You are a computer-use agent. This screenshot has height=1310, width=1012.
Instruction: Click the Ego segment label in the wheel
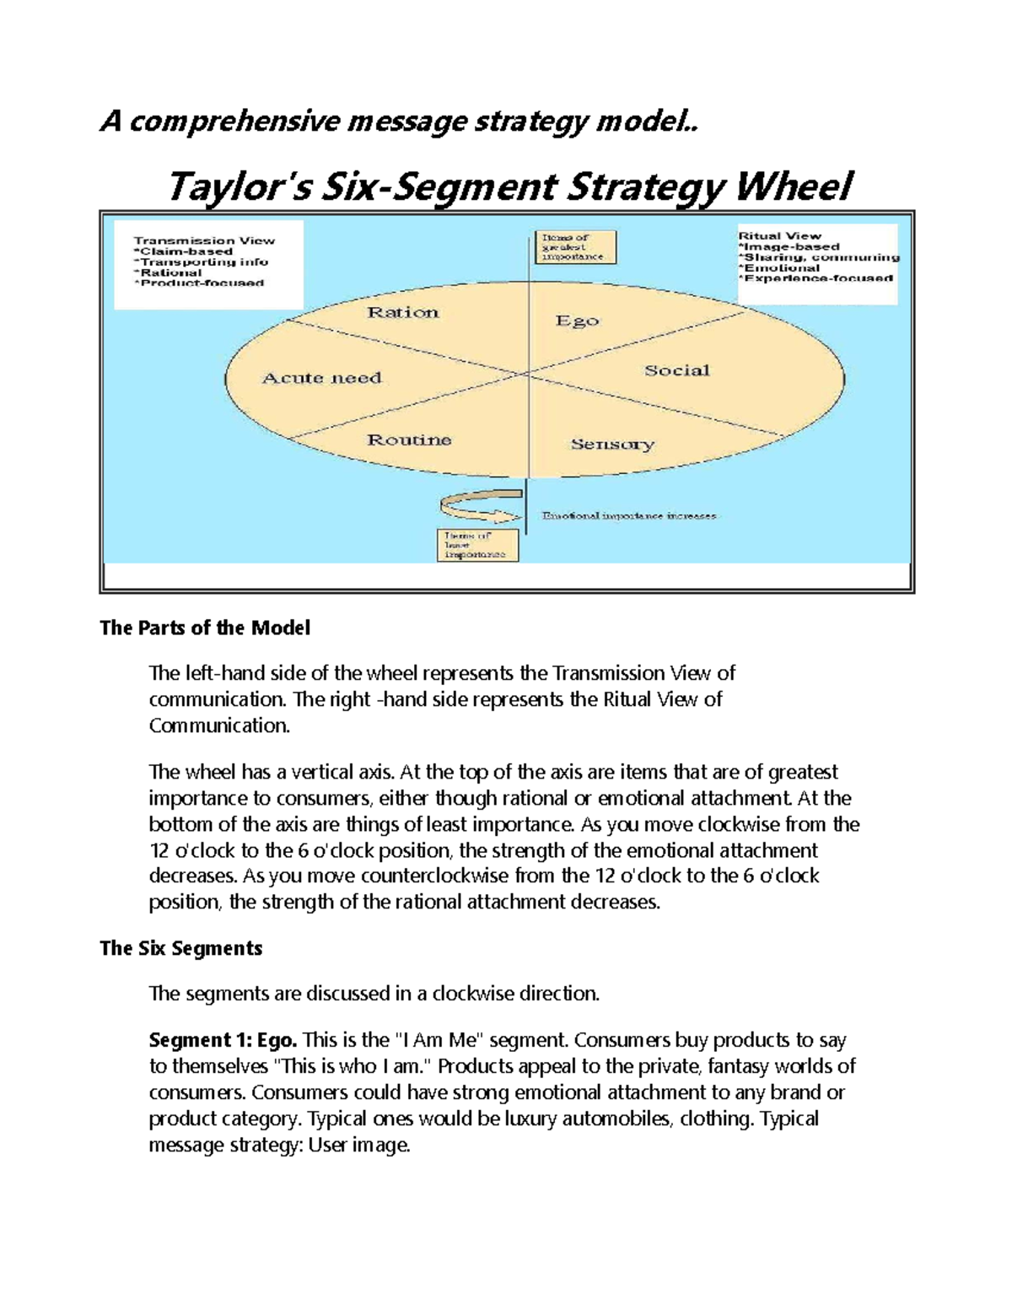pyautogui.click(x=578, y=321)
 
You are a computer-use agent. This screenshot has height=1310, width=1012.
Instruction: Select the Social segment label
pyautogui.click(x=677, y=370)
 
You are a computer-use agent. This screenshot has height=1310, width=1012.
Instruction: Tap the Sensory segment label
pyautogui.click(x=613, y=444)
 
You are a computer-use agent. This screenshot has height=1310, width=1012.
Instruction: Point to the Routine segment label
pyautogui.click(x=409, y=439)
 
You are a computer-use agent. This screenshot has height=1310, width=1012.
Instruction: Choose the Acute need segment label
pyautogui.click(x=322, y=378)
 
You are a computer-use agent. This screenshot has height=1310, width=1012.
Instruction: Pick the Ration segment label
pyautogui.click(x=403, y=313)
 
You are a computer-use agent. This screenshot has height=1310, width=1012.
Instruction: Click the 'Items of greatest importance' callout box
pyautogui.click(x=575, y=247)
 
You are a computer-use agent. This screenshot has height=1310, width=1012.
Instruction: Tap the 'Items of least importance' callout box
pyautogui.click(x=477, y=545)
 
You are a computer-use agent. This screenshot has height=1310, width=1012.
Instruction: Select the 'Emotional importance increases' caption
pyautogui.click(x=629, y=515)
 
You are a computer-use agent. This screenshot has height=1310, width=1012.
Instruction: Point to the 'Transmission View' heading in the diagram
pyautogui.click(x=204, y=240)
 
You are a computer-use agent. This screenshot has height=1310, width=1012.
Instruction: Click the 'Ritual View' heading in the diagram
pyautogui.click(x=780, y=236)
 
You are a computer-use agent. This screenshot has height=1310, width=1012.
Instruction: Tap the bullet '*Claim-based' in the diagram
pyautogui.click(x=183, y=251)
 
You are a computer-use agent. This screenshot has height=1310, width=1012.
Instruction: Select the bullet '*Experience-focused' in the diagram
pyautogui.click(x=816, y=278)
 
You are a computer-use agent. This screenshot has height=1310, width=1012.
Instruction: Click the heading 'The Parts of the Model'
pyautogui.click(x=205, y=628)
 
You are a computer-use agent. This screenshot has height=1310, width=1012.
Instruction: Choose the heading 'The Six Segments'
pyautogui.click(x=181, y=949)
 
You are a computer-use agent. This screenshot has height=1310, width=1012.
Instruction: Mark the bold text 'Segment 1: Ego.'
pyautogui.click(x=223, y=1040)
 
